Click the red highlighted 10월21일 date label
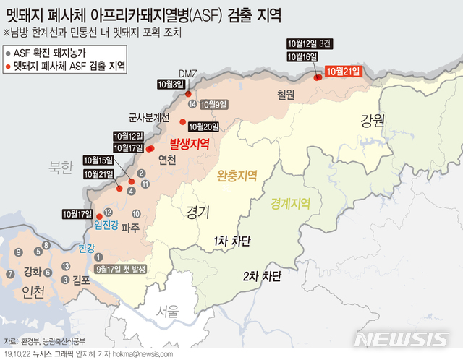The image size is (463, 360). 343,71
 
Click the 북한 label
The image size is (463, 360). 61,168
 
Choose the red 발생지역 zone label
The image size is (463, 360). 190,143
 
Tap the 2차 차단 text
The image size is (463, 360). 261,275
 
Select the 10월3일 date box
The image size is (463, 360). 171,84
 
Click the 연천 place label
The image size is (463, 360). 166,160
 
